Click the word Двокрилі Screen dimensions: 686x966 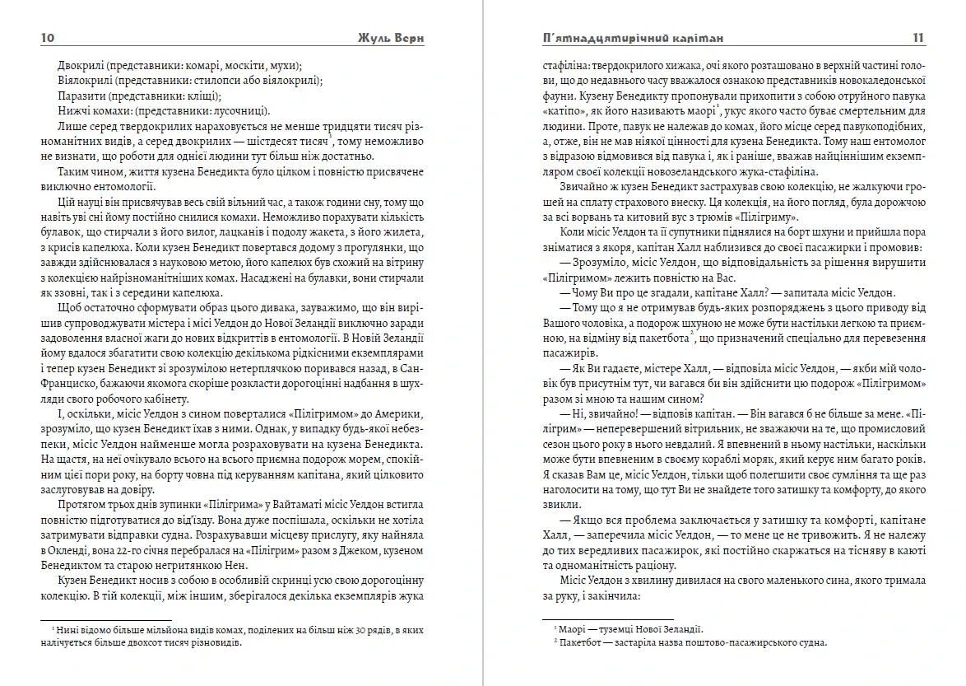[81, 65]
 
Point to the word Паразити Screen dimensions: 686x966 [81, 96]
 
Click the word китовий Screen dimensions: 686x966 [664, 219]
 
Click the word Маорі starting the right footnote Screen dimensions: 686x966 [572, 629]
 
